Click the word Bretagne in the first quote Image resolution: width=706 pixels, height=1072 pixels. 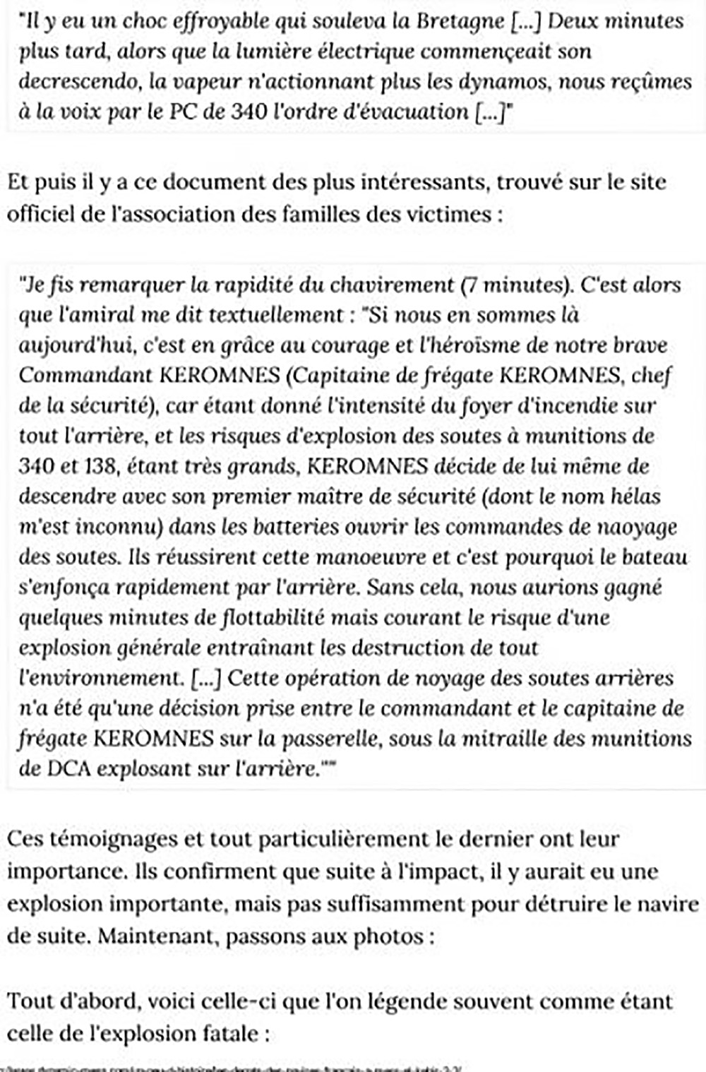click(460, 21)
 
